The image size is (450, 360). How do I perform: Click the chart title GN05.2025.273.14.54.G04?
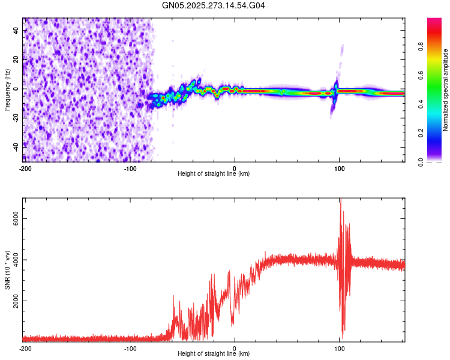click(214, 5)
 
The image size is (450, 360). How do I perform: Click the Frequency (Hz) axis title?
click(8, 89)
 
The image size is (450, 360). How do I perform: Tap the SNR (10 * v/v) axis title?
click(8, 270)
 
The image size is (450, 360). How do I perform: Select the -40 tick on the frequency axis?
click(16, 145)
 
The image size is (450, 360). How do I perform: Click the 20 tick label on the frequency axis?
click(17, 59)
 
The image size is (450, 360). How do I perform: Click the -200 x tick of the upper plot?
click(25, 167)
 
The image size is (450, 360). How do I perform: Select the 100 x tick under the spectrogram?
click(339, 167)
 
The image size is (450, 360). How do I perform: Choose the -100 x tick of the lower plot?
click(130, 347)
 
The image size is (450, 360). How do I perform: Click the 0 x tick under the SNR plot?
click(235, 347)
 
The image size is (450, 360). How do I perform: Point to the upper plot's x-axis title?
click(214, 174)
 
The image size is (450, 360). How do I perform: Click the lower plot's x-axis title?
click(214, 354)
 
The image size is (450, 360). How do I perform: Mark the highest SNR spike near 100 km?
click(340, 200)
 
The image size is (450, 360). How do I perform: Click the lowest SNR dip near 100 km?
click(342, 338)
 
